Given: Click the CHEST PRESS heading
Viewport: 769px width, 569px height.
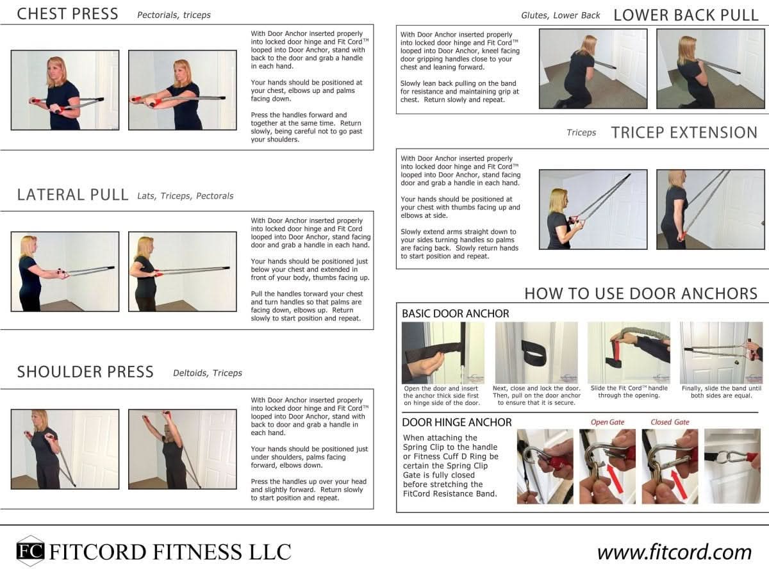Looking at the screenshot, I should coord(67,14).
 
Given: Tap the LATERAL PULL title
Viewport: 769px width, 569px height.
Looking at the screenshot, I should coord(72,195).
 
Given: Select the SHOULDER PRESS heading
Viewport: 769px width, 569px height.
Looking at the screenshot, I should coord(85,372).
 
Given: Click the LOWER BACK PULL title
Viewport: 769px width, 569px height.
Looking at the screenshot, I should coord(686,15).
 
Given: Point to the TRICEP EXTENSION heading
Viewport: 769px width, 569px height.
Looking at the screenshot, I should coord(684,133).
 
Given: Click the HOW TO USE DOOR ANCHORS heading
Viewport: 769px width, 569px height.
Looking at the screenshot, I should coord(641,293).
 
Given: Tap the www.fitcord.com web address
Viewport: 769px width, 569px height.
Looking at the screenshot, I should coord(674,552).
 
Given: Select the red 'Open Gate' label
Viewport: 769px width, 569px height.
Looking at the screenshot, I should coord(607,422).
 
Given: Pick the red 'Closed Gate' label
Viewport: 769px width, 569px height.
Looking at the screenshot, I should coord(670,422).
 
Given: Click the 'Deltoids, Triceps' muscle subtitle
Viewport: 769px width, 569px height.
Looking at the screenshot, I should coord(207,373).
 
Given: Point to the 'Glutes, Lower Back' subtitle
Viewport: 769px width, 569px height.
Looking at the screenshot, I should coord(560,15).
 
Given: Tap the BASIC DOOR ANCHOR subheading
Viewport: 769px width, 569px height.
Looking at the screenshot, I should coord(455,314).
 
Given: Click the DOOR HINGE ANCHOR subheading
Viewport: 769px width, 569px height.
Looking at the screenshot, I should coord(456,422).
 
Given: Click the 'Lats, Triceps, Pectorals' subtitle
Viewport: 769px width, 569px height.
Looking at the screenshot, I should coord(185,196).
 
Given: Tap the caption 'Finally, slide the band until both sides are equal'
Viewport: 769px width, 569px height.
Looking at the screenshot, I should coord(721,392).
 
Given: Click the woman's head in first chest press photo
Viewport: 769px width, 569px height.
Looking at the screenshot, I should coord(56,66).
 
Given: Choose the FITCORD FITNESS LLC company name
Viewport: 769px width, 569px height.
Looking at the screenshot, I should coord(170,552).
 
